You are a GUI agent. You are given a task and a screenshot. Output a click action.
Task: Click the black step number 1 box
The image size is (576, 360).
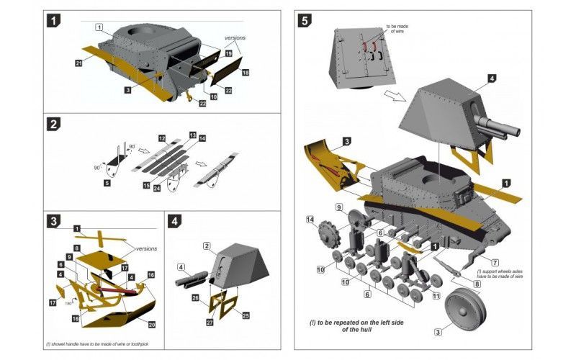click(x=55, y=21)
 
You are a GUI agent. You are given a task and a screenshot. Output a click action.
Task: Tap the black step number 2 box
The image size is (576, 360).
click(x=55, y=124)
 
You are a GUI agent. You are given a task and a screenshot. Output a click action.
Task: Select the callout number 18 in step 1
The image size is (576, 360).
click(x=246, y=73)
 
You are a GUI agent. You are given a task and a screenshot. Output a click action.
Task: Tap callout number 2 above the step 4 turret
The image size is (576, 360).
click(x=206, y=246)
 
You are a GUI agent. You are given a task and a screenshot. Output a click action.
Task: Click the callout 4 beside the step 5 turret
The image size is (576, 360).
click(x=491, y=78)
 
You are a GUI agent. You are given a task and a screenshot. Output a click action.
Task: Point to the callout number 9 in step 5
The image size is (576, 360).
click(x=338, y=207)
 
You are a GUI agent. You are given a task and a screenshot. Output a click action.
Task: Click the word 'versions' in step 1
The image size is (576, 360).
click(x=235, y=37)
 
